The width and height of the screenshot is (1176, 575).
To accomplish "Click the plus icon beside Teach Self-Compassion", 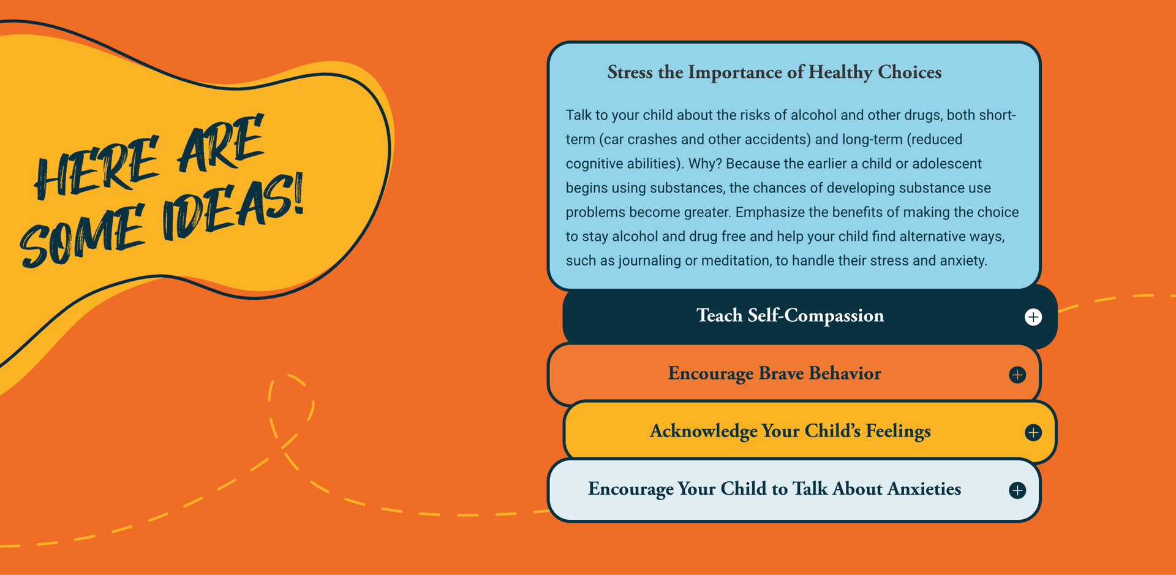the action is point(1033,317).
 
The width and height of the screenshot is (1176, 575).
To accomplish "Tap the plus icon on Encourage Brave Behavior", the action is point(1017,375).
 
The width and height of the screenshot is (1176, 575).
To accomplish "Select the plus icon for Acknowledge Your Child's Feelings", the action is point(1033,432).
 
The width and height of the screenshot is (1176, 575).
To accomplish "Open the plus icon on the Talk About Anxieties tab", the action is point(1017,490).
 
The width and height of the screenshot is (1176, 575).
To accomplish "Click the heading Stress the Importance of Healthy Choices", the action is point(774,72).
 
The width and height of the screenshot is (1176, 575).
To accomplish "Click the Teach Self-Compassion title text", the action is point(790,316).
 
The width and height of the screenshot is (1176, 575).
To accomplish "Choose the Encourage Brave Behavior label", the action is point(774,373).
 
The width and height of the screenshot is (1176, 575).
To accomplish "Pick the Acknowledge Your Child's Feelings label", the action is point(790,431).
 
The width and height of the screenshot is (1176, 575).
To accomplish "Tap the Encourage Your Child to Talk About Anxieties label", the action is point(774,489).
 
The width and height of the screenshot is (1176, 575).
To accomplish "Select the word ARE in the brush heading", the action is point(221,143).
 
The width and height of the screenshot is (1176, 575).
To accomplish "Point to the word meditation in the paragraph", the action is point(737,261).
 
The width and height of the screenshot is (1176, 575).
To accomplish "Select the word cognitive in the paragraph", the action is point(590,164).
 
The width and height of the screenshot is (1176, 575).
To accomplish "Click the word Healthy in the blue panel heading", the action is point(841,72).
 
